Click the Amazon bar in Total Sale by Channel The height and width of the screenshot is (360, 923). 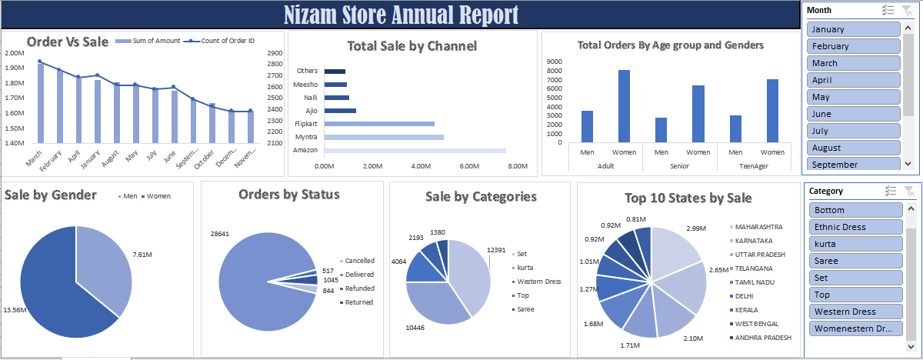click(x=415, y=150)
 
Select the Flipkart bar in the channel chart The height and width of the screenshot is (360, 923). click(x=379, y=124)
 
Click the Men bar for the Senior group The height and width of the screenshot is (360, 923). click(x=661, y=130)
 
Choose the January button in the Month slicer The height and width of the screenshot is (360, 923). click(x=854, y=29)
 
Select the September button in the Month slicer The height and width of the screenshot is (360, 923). click(x=854, y=164)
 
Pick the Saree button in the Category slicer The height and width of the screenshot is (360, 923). click(x=854, y=261)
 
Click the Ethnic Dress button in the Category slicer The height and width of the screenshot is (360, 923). click(x=854, y=227)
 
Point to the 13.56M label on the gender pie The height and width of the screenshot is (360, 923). click(x=15, y=310)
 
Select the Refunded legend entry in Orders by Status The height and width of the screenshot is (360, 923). click(x=359, y=288)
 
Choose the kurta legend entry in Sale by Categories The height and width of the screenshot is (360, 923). click(x=525, y=267)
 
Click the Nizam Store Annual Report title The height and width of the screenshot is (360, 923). click(x=401, y=15)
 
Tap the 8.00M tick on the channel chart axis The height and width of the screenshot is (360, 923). click(x=518, y=166)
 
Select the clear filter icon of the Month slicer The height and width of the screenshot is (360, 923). click(x=909, y=10)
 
